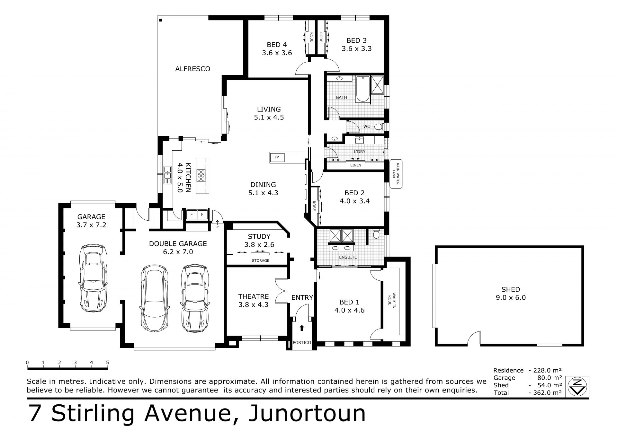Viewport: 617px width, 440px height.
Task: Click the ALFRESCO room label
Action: [x=192, y=69]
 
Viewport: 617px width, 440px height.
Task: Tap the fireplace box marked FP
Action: [x=276, y=157]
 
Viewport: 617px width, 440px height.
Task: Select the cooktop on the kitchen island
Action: [x=201, y=175]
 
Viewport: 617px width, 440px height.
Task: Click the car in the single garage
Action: [x=94, y=278]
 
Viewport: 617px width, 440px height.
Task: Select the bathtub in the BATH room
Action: [x=363, y=89]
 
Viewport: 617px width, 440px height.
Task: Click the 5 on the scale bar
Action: [x=107, y=363]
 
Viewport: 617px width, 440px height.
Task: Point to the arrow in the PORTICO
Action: [x=301, y=328]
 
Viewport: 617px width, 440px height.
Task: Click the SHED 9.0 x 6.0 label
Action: [x=510, y=294]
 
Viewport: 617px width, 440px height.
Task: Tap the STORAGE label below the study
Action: [x=261, y=260]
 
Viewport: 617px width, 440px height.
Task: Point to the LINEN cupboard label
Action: [x=356, y=165]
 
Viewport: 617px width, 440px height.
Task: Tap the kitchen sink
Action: [x=167, y=175]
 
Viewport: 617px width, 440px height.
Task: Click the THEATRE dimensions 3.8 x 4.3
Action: [x=253, y=304]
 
